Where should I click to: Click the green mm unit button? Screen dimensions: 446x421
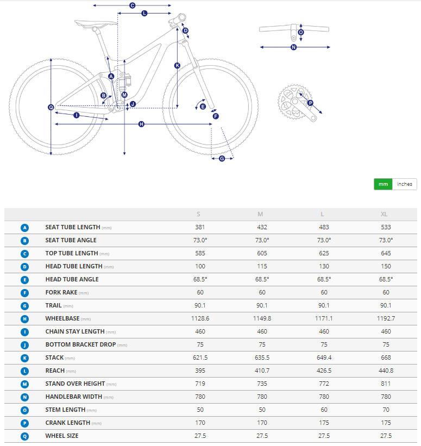pyautogui.click(x=383, y=184)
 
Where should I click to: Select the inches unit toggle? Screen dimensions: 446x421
pyautogui.click(x=405, y=184)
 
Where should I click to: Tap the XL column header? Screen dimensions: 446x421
pyautogui.click(x=386, y=214)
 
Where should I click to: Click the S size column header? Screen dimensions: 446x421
pyautogui.click(x=200, y=214)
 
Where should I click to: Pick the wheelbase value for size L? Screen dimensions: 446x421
pyautogui.click(x=324, y=318)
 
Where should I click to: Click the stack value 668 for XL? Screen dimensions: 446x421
pyautogui.click(x=386, y=357)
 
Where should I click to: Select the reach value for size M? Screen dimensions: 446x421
pyautogui.click(x=262, y=370)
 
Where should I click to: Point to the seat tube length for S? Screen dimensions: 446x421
pyautogui.click(x=200, y=227)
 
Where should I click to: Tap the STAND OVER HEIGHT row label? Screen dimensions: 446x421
pyautogui.click(x=76, y=384)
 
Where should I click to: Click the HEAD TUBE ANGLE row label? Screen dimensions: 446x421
pyautogui.click(x=72, y=279)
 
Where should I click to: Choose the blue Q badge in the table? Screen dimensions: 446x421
pyautogui.click(x=24, y=436)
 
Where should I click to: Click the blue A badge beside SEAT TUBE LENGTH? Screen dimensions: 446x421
pyautogui.click(x=24, y=227)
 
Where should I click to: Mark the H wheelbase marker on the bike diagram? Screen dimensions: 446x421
pyautogui.click(x=141, y=124)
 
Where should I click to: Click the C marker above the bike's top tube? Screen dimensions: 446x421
pyautogui.click(x=132, y=5)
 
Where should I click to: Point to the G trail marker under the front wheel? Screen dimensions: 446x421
pyautogui.click(x=222, y=158)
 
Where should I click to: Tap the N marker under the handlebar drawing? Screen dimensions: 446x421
pyautogui.click(x=294, y=47)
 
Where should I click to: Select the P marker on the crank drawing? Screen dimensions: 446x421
pyautogui.click(x=310, y=103)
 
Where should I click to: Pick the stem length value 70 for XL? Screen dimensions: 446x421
pyautogui.click(x=386, y=410)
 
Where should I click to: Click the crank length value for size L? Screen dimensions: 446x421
pyautogui.click(x=324, y=423)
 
